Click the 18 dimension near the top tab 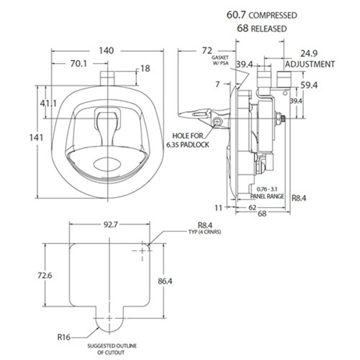[x=145, y=68]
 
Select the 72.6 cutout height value [x=45, y=276]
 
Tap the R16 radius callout [x=63, y=338]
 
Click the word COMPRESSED [x=273, y=15]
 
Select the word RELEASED [x=269, y=28]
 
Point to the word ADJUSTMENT [x=310, y=64]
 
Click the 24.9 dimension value [x=309, y=54]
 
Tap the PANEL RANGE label [x=267, y=196]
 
